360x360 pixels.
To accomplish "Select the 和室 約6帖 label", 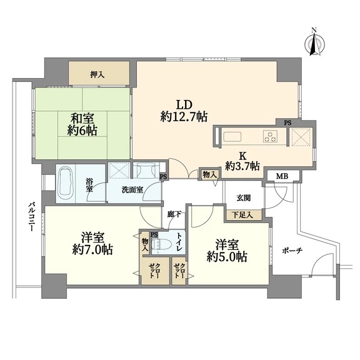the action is (82, 124).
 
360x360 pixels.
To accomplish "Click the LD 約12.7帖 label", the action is (184, 111).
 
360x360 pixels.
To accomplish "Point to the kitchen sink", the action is (232, 137).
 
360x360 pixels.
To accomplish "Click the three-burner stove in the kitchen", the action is (271, 137).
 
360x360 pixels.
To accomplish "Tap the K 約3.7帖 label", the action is (242, 161).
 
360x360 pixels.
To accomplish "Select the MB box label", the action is (282, 176).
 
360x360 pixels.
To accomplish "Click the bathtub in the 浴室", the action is (65, 184).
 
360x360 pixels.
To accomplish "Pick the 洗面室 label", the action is (132, 190).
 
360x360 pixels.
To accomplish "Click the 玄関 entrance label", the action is (243, 198).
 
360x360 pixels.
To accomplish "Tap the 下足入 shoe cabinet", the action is (244, 215).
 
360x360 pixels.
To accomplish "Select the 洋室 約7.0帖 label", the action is (92, 244).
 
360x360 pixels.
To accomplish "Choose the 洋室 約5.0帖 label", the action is (227, 251).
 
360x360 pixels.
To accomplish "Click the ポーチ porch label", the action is (292, 251).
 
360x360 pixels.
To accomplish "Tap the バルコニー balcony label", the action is (31, 216).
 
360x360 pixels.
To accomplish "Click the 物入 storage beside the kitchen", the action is (209, 175).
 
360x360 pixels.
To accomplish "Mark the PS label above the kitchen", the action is (287, 123).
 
